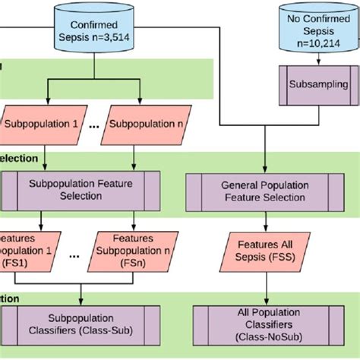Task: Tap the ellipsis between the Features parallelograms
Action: [x=73, y=257]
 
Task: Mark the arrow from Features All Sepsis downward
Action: [x=266, y=289]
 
